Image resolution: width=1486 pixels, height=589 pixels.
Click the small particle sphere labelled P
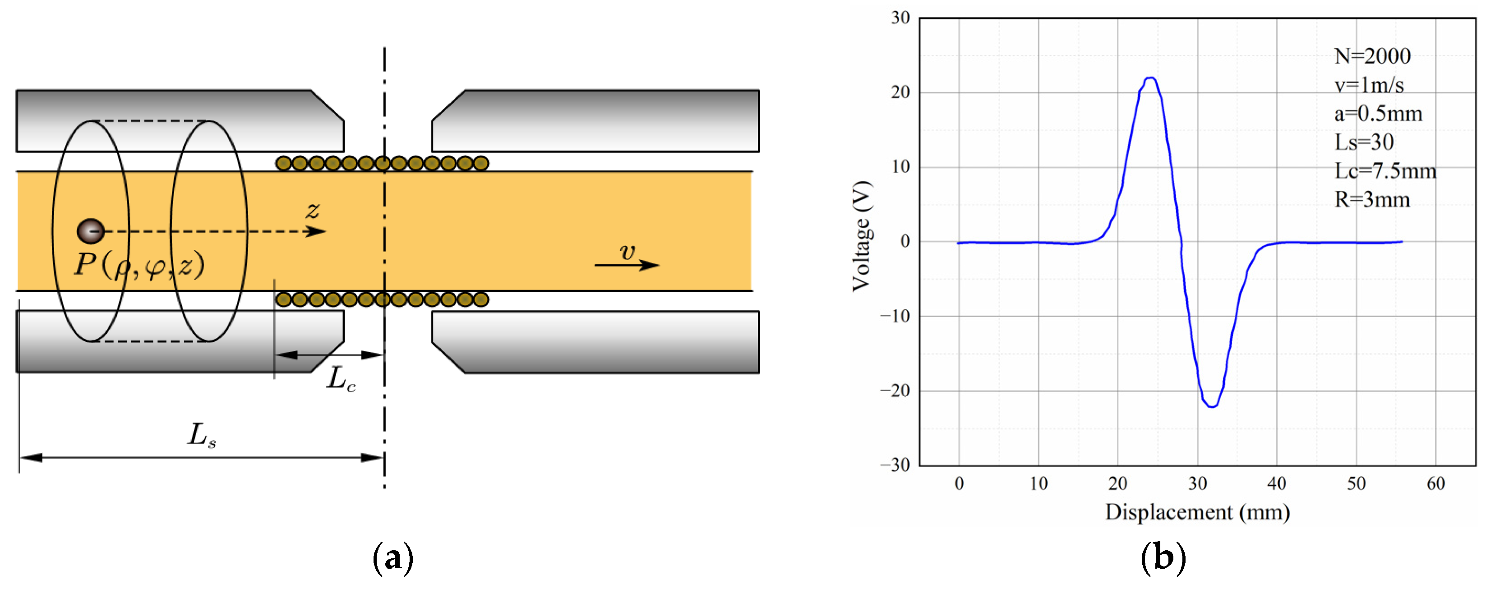91,231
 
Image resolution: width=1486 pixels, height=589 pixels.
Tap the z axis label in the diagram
313,211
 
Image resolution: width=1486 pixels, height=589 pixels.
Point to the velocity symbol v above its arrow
627,252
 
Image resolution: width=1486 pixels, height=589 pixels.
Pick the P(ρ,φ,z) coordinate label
139,265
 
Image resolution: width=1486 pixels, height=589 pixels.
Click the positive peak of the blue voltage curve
1151,78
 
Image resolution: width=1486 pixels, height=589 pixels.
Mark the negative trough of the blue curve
1212,407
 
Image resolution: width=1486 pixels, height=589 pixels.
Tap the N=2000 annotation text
1372,56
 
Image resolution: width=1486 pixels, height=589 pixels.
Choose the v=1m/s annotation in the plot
1369,85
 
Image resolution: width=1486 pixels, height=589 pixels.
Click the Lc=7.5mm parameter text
1385,171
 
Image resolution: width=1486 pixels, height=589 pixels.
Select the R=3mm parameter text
1372,200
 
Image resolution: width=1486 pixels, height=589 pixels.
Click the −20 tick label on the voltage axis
895,391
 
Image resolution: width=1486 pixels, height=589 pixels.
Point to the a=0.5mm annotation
1378,114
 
